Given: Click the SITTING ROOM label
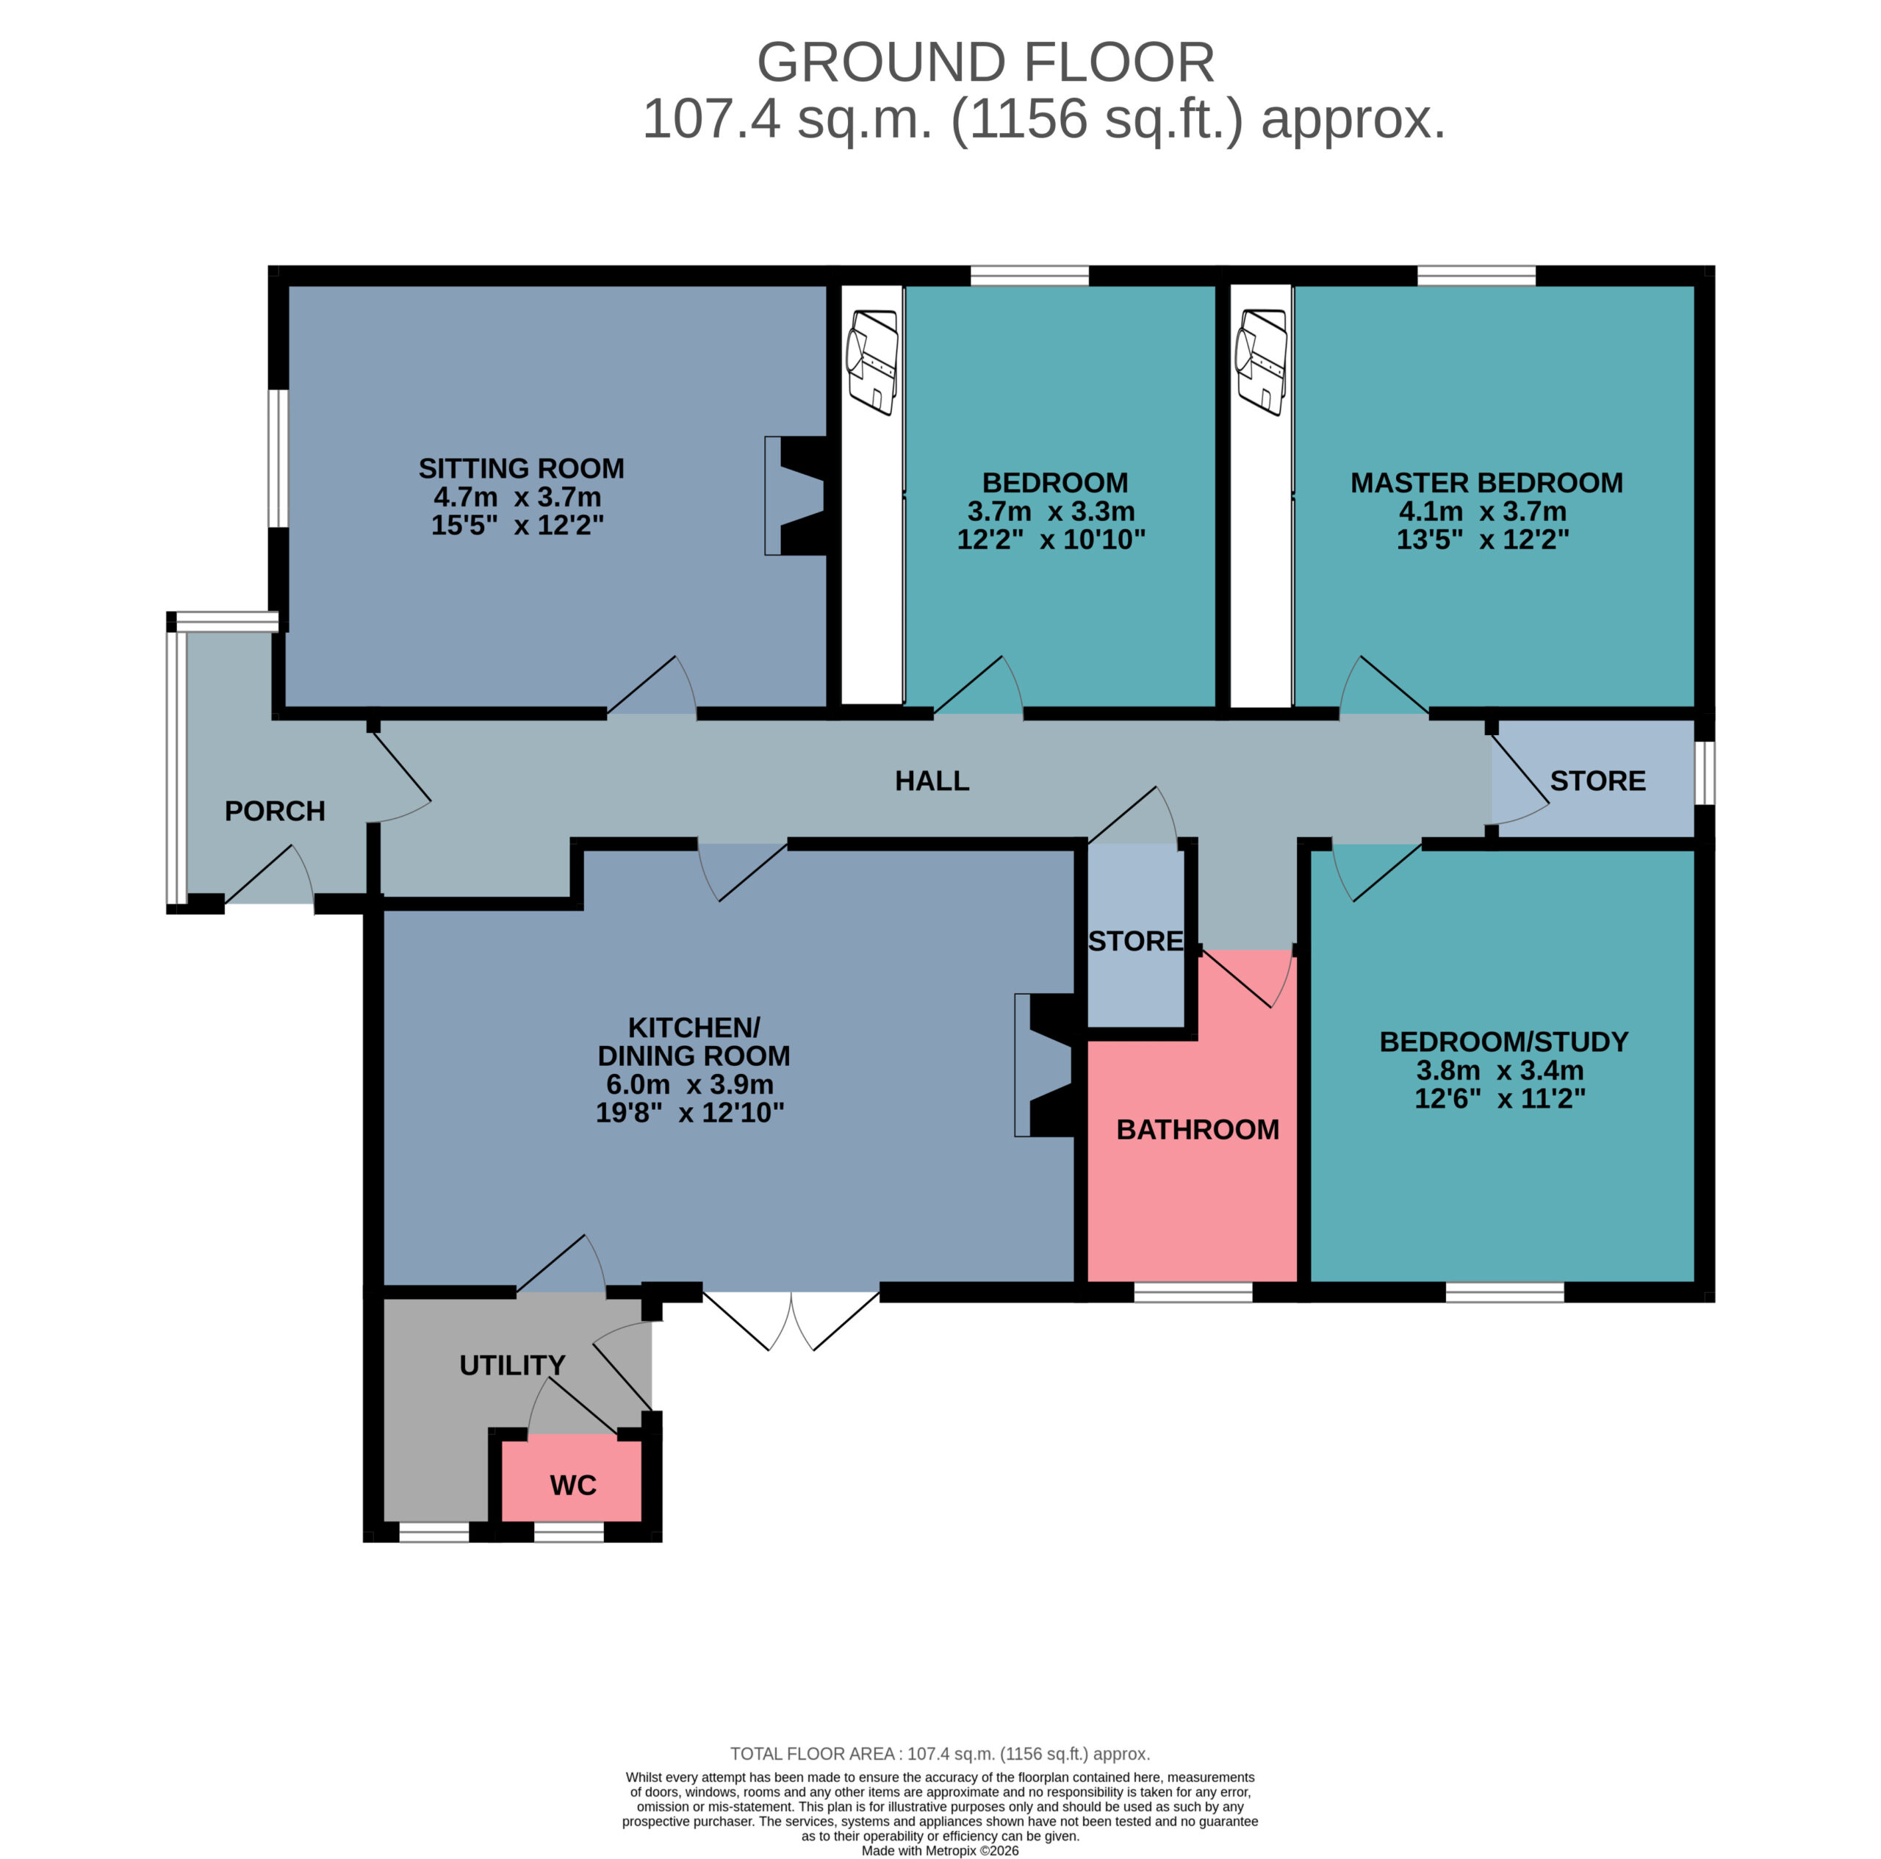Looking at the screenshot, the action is [x=521, y=468].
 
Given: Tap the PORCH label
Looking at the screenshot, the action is [x=275, y=812].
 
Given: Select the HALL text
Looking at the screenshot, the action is [x=932, y=781].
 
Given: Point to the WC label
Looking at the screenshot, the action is [x=572, y=1485].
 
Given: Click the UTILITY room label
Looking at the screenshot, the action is [x=512, y=1365].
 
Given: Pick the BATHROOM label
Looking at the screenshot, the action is [x=1198, y=1130].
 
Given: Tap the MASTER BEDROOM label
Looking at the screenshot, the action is [x=1486, y=483].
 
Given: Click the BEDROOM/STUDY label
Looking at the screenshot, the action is [x=1503, y=1042].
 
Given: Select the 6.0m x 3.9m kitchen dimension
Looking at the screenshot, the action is [x=689, y=1083].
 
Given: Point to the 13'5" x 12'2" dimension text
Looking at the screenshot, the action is [x=1483, y=540].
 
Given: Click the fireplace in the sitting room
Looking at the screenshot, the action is [x=796, y=495].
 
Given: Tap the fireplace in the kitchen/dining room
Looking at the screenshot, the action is [x=1045, y=1065].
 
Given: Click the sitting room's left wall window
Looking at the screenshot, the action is [x=278, y=458].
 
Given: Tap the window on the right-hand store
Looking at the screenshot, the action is [x=1705, y=773].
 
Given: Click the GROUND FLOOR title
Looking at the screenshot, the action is [x=985, y=62].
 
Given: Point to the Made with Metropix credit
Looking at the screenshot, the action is [x=940, y=1850].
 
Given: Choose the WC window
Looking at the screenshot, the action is [x=569, y=1532].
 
